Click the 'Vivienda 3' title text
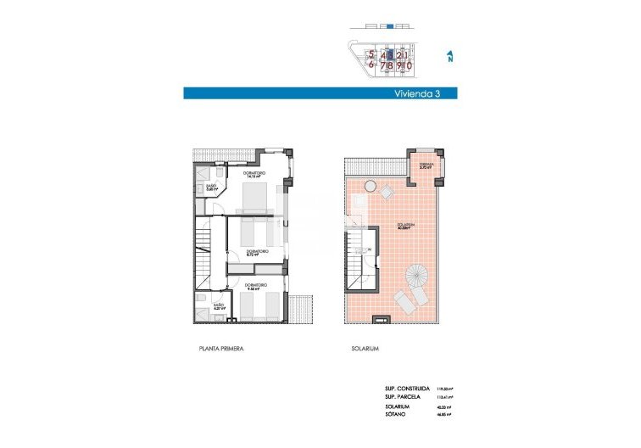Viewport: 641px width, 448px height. (x=415, y=93)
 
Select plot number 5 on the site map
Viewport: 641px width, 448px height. (x=371, y=54)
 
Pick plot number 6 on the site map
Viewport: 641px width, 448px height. (x=371, y=64)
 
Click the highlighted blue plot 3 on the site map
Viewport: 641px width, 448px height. (x=390, y=54)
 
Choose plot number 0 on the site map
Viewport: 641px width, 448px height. (x=410, y=64)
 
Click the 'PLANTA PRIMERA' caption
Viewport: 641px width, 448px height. (x=220, y=349)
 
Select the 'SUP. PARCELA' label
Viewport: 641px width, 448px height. (x=404, y=396)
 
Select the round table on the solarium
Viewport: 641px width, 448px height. (x=371, y=187)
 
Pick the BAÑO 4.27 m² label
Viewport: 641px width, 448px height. (x=219, y=306)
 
